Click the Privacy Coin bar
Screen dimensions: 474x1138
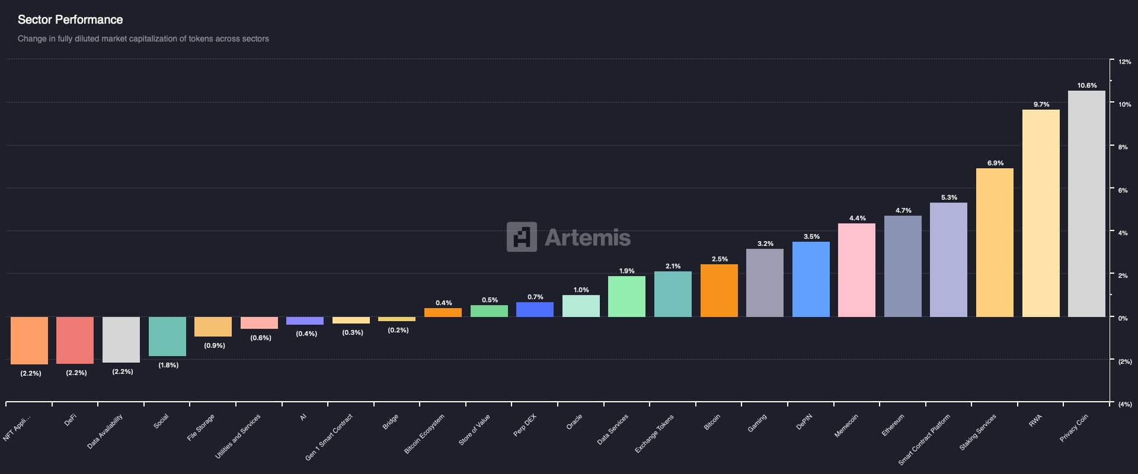pos(1086,204)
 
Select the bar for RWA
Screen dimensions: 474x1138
pos(1041,213)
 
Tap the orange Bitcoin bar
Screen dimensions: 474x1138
pos(719,290)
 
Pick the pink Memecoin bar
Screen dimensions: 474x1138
pos(856,270)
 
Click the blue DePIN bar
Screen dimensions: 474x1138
pos(811,279)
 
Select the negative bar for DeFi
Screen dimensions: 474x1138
pos(75,340)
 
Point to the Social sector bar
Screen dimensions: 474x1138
pos(167,336)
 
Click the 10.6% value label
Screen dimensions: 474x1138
pos(1087,85)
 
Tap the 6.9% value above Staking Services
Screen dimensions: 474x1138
pos(995,163)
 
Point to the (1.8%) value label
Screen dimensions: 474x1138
pos(168,365)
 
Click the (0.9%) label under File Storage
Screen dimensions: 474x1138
pos(214,345)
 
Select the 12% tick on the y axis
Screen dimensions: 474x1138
pos(1124,62)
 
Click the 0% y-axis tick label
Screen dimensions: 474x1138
pos(1123,318)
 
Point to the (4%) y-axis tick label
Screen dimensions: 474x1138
pos(1124,404)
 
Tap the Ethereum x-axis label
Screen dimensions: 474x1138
pos(893,425)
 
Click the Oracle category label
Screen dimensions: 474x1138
pos(574,422)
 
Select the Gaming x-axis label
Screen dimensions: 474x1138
pos(757,423)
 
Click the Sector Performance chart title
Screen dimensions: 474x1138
pos(70,20)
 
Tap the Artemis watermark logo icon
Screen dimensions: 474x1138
pos(522,237)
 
